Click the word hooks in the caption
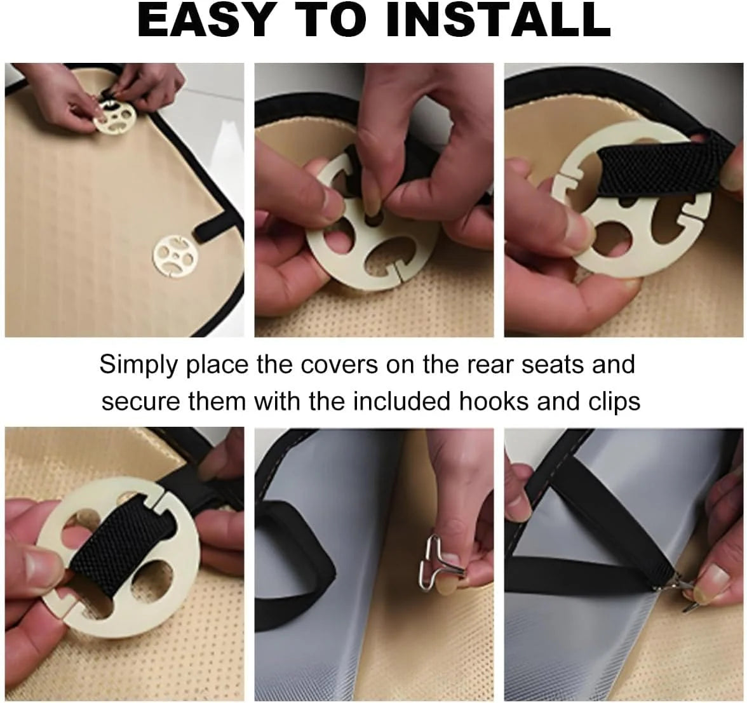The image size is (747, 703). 497,401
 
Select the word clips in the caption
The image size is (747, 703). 610,401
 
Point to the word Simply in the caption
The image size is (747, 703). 138,366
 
